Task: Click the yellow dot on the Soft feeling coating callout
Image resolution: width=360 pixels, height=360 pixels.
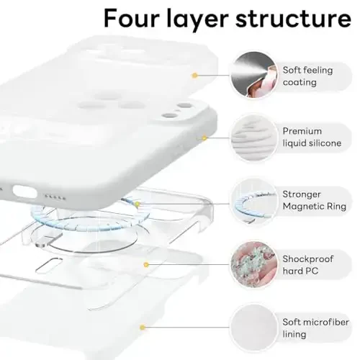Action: [194, 75]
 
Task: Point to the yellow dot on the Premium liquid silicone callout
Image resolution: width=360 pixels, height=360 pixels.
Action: [204, 138]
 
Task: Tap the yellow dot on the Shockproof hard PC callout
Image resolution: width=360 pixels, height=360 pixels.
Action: [146, 265]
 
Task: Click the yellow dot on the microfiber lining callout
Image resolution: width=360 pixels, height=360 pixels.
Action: [143, 328]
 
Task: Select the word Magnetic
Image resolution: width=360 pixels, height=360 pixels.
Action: [305, 207]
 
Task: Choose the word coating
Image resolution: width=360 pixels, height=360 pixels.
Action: [300, 82]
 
